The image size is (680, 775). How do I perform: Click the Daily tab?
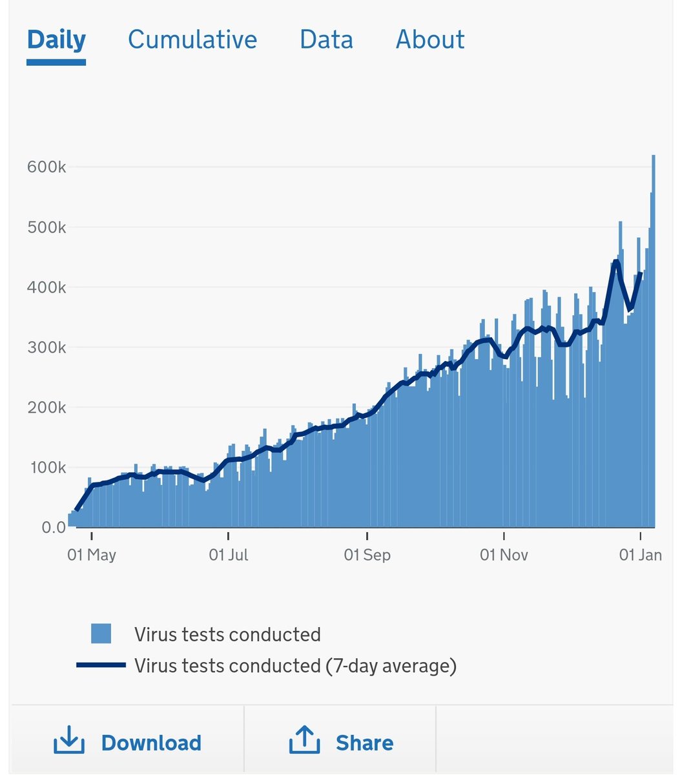point(56,40)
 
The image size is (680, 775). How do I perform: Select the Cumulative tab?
point(192,40)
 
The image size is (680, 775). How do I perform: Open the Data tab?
point(326,40)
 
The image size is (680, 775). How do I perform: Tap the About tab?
point(430,40)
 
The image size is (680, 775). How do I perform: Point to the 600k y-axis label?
point(46,167)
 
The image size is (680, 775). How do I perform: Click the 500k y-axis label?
point(46,227)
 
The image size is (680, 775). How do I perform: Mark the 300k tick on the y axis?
point(46,347)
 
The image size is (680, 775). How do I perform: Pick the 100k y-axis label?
point(46,468)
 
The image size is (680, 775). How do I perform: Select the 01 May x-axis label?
point(92,555)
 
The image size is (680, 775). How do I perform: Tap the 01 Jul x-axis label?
point(229,555)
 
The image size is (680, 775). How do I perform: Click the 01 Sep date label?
point(367,555)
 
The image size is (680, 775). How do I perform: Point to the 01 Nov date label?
point(504,555)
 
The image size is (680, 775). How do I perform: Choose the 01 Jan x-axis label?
point(640,555)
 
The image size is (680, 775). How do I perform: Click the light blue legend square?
point(101,634)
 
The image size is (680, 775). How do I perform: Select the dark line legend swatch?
point(101,665)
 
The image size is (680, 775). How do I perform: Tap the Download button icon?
point(68,741)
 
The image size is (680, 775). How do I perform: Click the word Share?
point(364,743)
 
